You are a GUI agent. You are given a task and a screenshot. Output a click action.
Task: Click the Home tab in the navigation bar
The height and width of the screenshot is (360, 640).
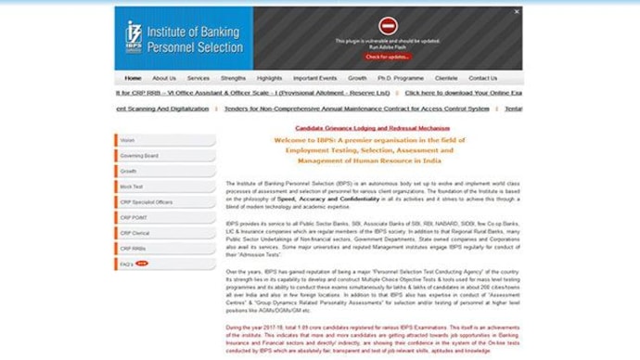tap(134, 78)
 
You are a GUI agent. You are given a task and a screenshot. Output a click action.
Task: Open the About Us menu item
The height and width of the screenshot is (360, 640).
tap(164, 78)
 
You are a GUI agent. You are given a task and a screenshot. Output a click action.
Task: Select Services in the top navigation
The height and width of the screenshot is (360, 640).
tap(198, 78)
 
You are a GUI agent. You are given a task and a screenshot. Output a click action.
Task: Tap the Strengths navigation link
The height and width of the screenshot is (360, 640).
tap(234, 78)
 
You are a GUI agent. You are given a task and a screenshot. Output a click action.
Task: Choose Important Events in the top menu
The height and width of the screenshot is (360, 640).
tap(315, 78)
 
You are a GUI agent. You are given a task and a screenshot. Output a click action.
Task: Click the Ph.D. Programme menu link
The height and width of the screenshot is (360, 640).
tap(401, 78)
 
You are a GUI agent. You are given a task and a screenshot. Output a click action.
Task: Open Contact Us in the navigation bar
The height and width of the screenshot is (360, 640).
tap(482, 78)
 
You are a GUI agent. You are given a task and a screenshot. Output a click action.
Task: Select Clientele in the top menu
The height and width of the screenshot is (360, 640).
tap(446, 78)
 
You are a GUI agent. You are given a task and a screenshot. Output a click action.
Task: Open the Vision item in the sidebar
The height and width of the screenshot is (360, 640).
tap(127, 140)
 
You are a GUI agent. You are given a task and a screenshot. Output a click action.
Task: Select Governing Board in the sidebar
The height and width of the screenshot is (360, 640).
tap(139, 156)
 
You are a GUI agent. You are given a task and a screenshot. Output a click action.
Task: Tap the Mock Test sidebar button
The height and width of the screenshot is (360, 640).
tap(132, 186)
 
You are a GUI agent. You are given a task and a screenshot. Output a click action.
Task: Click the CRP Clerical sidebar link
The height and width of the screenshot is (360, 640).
tap(135, 233)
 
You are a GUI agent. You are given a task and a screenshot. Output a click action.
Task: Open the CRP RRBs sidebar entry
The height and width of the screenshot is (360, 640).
tap(134, 249)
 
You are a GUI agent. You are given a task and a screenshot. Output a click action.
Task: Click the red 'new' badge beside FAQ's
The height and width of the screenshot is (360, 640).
tap(142, 264)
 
